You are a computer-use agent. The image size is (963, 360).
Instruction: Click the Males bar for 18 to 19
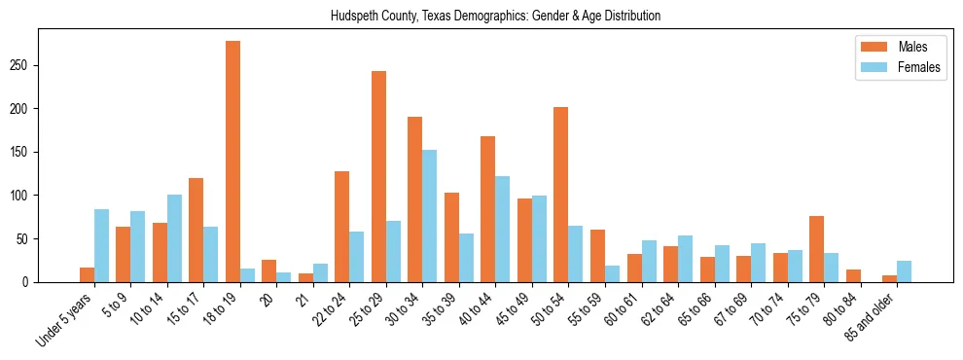[232, 162]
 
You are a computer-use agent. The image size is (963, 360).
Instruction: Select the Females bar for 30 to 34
[429, 216]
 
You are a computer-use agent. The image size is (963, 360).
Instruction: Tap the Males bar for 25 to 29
[378, 176]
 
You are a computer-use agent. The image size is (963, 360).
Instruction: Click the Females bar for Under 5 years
[101, 245]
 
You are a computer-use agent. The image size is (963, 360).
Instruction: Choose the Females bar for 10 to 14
[174, 238]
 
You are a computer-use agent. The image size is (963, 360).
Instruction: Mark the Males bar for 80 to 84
[852, 275]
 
